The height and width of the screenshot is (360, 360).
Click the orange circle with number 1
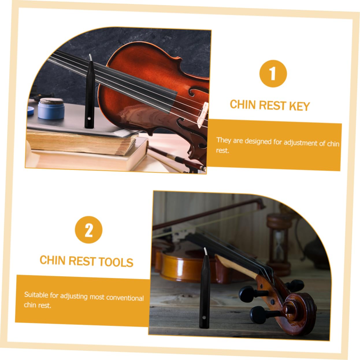pos(273,74)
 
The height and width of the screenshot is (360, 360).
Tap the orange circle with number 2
pos(89,230)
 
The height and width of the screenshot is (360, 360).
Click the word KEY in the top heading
pos(299,106)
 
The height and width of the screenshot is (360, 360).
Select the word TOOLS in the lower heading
pos(116,262)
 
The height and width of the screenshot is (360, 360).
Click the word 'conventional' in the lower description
pos(125,298)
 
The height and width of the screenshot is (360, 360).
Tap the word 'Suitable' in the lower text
pos(36,294)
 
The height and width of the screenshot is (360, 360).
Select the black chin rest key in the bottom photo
pos(204,292)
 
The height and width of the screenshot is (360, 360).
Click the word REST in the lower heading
pos(82,261)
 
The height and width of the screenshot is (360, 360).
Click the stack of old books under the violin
pos(84,144)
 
